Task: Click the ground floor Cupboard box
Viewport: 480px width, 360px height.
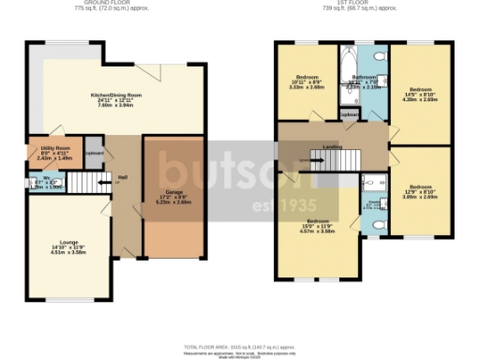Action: (x=94, y=155)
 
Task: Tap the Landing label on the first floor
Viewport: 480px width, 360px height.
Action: (x=331, y=145)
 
